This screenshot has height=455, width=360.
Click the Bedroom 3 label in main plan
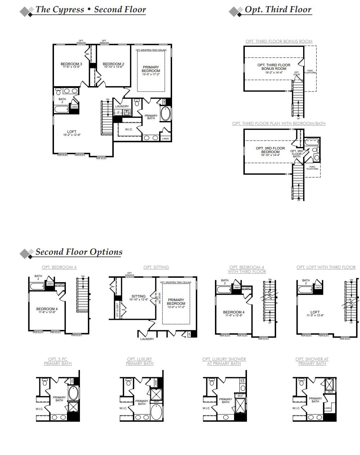(x=71, y=64)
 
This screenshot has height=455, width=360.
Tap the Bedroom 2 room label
(x=113, y=64)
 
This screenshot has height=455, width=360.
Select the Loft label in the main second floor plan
(x=72, y=132)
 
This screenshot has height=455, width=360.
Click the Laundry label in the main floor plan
(x=122, y=106)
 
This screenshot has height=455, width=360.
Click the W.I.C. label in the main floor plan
(x=129, y=129)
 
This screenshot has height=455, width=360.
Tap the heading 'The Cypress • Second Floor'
(x=90, y=9)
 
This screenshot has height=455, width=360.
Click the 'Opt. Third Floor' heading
(x=278, y=9)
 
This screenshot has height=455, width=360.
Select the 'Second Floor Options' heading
(x=79, y=252)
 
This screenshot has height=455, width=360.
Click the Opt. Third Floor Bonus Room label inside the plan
(x=274, y=67)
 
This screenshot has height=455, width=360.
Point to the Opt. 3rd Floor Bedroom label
(x=270, y=150)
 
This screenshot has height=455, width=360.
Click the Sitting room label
(x=139, y=296)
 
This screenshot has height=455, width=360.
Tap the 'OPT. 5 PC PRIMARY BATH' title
(x=58, y=361)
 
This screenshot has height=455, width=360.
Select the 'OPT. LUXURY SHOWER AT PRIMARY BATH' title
(x=224, y=361)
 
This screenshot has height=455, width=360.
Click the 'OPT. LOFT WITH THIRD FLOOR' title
(x=326, y=267)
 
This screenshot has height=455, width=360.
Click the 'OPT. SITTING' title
(x=156, y=267)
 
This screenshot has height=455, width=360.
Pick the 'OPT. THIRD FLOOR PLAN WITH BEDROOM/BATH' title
(x=279, y=124)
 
